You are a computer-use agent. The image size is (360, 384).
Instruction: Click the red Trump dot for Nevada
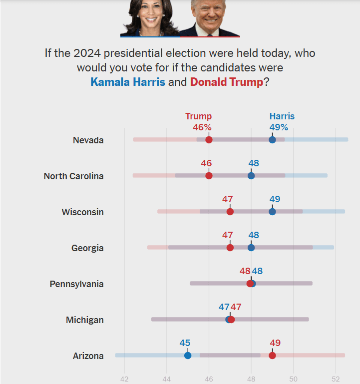tap(209, 140)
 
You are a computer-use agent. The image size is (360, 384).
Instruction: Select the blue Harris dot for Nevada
tap(272, 140)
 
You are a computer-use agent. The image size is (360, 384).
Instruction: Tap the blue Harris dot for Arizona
tap(188, 356)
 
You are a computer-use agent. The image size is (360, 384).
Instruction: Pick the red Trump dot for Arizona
tap(272, 356)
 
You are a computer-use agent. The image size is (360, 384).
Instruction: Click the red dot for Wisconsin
tap(230, 212)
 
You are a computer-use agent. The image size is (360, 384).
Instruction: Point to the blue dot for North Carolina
tap(251, 176)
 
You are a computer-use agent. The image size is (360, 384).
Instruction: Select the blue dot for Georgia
tap(251, 248)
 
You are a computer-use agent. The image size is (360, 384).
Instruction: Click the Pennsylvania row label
tap(76, 284)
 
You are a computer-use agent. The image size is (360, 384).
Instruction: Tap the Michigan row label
tap(84, 320)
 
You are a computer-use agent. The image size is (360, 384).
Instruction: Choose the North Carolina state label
tap(73, 176)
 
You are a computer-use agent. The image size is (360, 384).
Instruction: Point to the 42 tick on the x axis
tap(124, 378)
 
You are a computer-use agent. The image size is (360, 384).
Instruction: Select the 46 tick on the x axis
tap(209, 378)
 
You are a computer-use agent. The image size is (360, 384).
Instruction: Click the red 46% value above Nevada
tap(202, 127)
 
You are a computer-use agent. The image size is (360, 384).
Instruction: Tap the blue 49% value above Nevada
tap(279, 127)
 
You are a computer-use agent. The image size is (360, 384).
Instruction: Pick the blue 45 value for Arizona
tap(185, 343)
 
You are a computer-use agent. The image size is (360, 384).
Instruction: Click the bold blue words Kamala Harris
tap(128, 82)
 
